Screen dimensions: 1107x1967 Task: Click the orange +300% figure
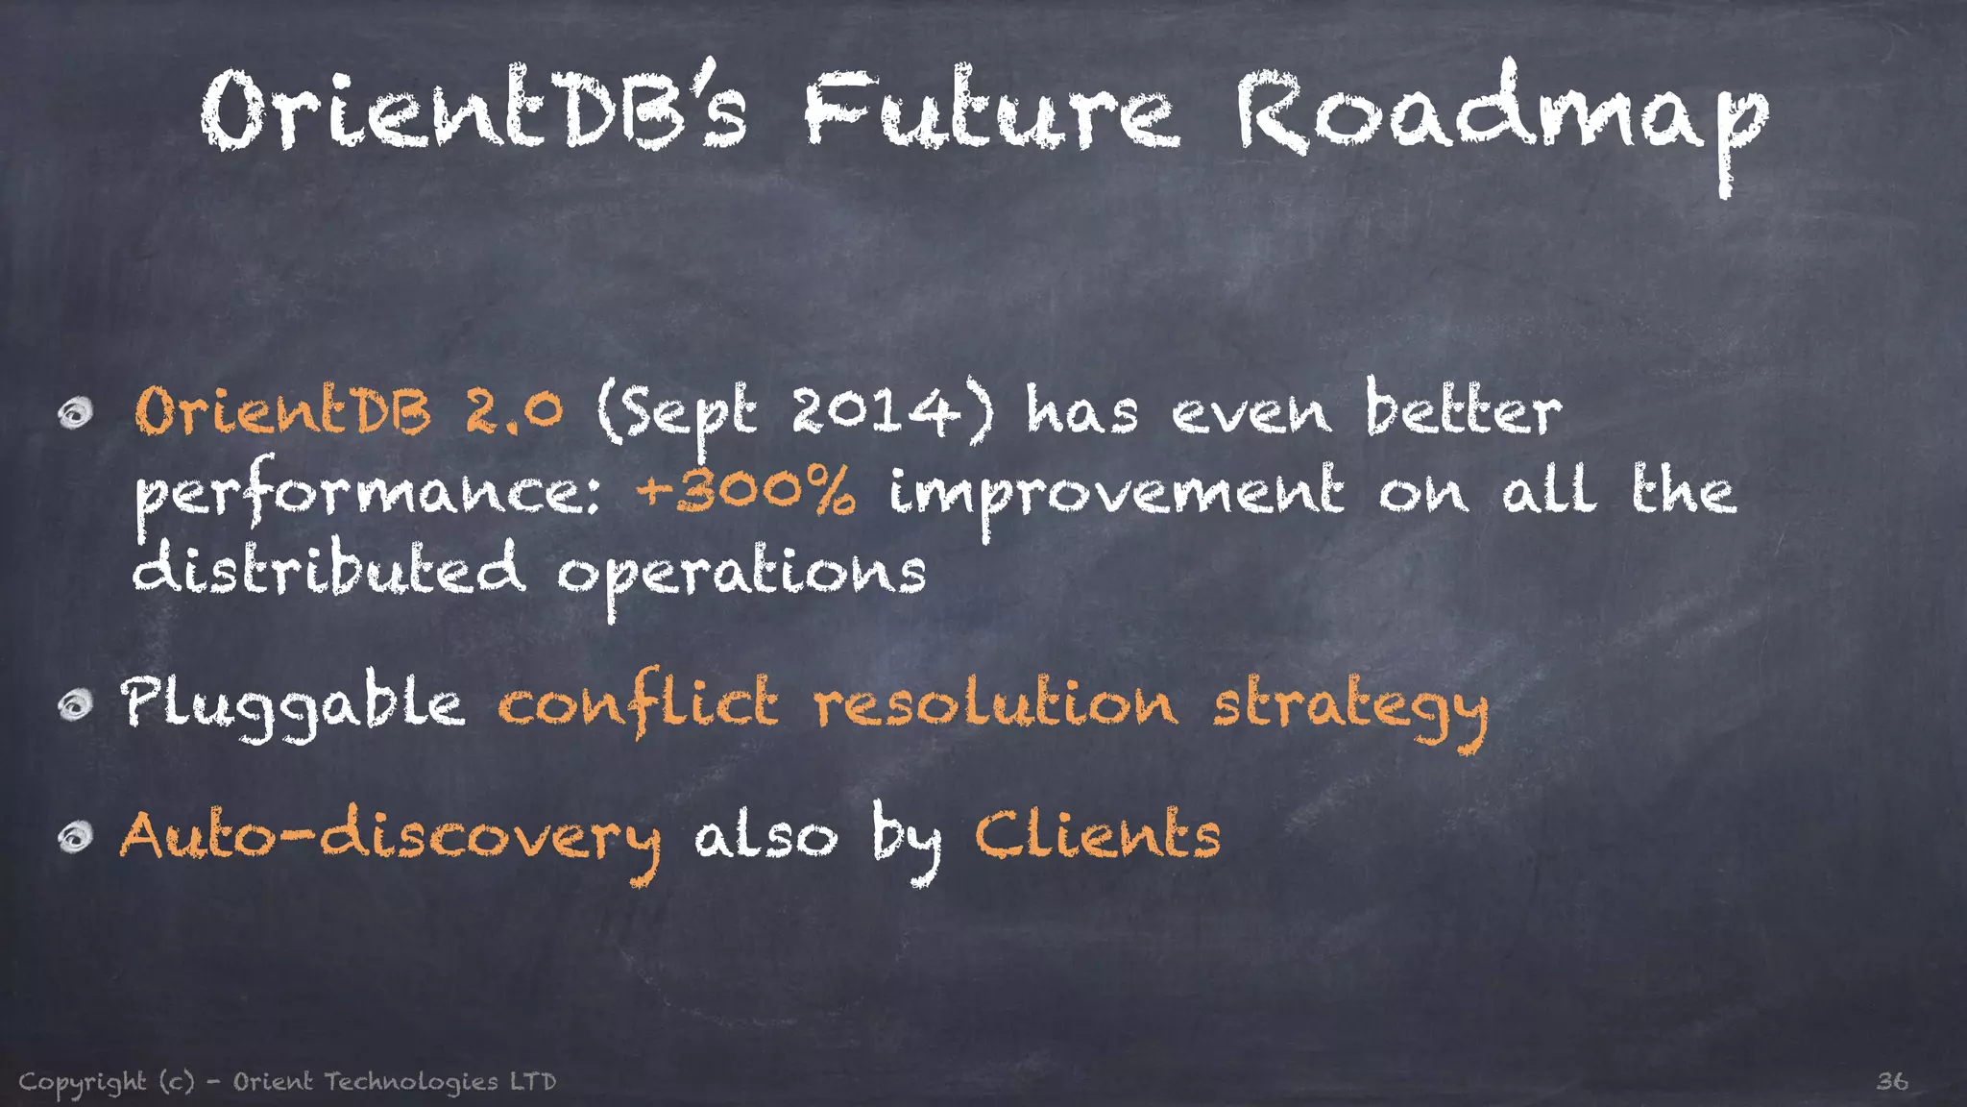coord(745,491)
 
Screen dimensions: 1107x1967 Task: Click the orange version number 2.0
coord(514,412)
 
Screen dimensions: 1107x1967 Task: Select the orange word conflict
coord(638,702)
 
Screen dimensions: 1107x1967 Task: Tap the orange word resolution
coord(995,702)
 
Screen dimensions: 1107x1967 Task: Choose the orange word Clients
coord(1098,833)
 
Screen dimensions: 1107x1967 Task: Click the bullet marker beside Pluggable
coord(75,706)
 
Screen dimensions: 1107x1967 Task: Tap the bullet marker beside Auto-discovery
coord(75,838)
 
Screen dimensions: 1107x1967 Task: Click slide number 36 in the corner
coord(1892,1081)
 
